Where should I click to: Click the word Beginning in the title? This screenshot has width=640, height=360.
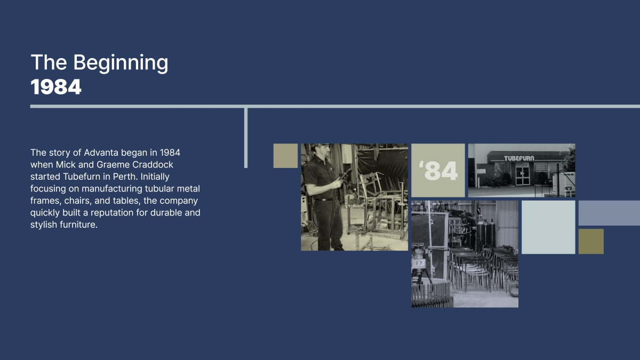pyautogui.click(x=121, y=63)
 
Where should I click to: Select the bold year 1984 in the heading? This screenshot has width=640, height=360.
pyautogui.click(x=56, y=87)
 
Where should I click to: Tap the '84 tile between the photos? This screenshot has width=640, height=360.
pyautogui.click(x=438, y=170)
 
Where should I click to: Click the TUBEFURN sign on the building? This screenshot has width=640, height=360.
pyautogui.click(x=519, y=158)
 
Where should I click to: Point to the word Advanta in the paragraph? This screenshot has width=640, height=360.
pyautogui.click(x=101, y=153)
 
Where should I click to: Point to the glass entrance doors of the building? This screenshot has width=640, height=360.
pyautogui.click(x=523, y=175)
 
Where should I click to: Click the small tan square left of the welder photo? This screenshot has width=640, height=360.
pyautogui.click(x=285, y=156)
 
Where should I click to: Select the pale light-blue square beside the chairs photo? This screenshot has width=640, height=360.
pyautogui.click(x=548, y=227)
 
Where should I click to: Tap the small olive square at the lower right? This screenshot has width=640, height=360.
pyautogui.click(x=591, y=242)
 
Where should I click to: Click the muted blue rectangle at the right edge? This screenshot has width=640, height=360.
pyautogui.click(x=609, y=213)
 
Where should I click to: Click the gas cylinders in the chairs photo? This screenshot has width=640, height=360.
pyautogui.click(x=486, y=233)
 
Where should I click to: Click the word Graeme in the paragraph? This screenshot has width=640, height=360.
pyautogui.click(x=113, y=165)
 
